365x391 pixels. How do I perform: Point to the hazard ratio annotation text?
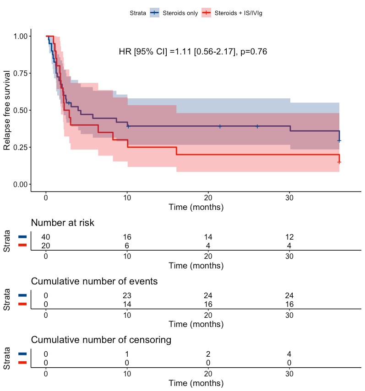pos(193,52)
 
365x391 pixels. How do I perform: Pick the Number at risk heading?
pos(63,223)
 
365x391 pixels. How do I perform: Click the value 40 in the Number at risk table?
pos(46,237)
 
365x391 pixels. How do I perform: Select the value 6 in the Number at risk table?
pos(127,245)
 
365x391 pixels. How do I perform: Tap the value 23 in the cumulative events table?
pos(127,295)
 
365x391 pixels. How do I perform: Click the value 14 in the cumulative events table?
pos(127,304)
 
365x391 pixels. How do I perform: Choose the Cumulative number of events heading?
pos(94,281)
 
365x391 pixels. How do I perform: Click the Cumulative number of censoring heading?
pos(101,340)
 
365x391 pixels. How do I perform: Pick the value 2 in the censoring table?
pos(208,354)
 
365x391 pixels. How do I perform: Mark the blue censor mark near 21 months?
pos(220,126)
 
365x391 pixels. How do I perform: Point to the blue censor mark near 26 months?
pos(257,126)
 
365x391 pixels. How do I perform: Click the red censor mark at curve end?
pos(339,162)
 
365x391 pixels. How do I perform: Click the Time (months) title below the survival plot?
pos(196,207)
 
